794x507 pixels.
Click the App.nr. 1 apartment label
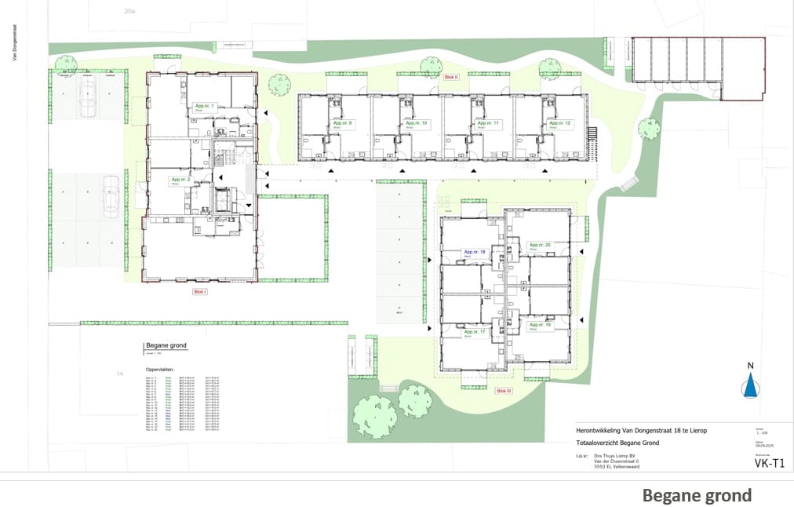coord(204,106)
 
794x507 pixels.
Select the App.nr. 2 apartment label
coord(182,180)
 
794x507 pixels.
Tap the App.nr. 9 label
coord(343,124)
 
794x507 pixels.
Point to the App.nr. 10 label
coord(415,124)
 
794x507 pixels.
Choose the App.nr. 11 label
coord(486,124)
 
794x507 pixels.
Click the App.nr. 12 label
coord(559,124)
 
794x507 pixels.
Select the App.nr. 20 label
coord(540,246)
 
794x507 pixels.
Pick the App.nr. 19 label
coord(540,324)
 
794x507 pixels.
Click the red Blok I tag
coord(199,292)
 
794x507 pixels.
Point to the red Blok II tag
coord(450,78)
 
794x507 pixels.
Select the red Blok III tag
coord(504,389)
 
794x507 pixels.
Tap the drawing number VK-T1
coord(757,463)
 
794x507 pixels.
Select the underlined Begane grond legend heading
coord(166,345)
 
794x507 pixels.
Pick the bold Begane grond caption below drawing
coord(697,495)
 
